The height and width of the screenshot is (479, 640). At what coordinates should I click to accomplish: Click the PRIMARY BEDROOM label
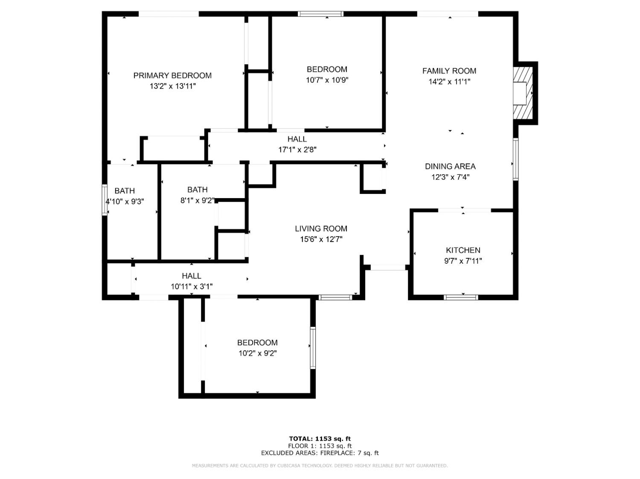pyautogui.click(x=172, y=75)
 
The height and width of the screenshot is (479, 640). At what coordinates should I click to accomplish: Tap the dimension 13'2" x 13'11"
pyautogui.click(x=172, y=86)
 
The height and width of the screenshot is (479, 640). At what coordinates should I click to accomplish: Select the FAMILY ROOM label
pyautogui.click(x=449, y=71)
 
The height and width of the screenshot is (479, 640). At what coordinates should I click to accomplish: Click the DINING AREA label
pyautogui.click(x=450, y=166)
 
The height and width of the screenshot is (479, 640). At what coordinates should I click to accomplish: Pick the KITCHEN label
pyautogui.click(x=463, y=250)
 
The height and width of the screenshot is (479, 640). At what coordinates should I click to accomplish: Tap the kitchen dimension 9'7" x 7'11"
pyautogui.click(x=463, y=261)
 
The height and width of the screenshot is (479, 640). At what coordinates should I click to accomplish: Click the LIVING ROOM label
pyautogui.click(x=321, y=228)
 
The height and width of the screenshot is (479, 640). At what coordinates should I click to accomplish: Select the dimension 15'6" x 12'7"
pyautogui.click(x=321, y=239)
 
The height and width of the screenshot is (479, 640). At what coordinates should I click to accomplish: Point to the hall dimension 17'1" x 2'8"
pyautogui.click(x=297, y=150)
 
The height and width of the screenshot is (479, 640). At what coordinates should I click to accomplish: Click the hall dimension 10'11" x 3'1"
pyautogui.click(x=192, y=286)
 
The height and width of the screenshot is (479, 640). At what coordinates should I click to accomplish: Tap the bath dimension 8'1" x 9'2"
pyautogui.click(x=197, y=200)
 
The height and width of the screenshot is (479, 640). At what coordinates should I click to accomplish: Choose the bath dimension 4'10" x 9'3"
pyautogui.click(x=125, y=201)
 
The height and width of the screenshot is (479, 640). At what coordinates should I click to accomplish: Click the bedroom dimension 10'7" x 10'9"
pyautogui.click(x=327, y=80)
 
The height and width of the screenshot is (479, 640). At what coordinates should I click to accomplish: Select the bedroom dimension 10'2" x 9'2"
pyautogui.click(x=257, y=353)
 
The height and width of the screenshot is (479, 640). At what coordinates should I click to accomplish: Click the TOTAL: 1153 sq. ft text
pyautogui.click(x=320, y=439)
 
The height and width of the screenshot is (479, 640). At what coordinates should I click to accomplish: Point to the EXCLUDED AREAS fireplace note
pyautogui.click(x=320, y=453)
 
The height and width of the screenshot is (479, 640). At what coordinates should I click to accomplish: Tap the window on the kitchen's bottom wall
pyautogui.click(x=461, y=297)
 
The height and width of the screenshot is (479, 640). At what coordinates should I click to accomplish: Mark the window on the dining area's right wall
pyautogui.click(x=515, y=159)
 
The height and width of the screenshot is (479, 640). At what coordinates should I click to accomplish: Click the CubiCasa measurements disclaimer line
pyautogui.click(x=320, y=466)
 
